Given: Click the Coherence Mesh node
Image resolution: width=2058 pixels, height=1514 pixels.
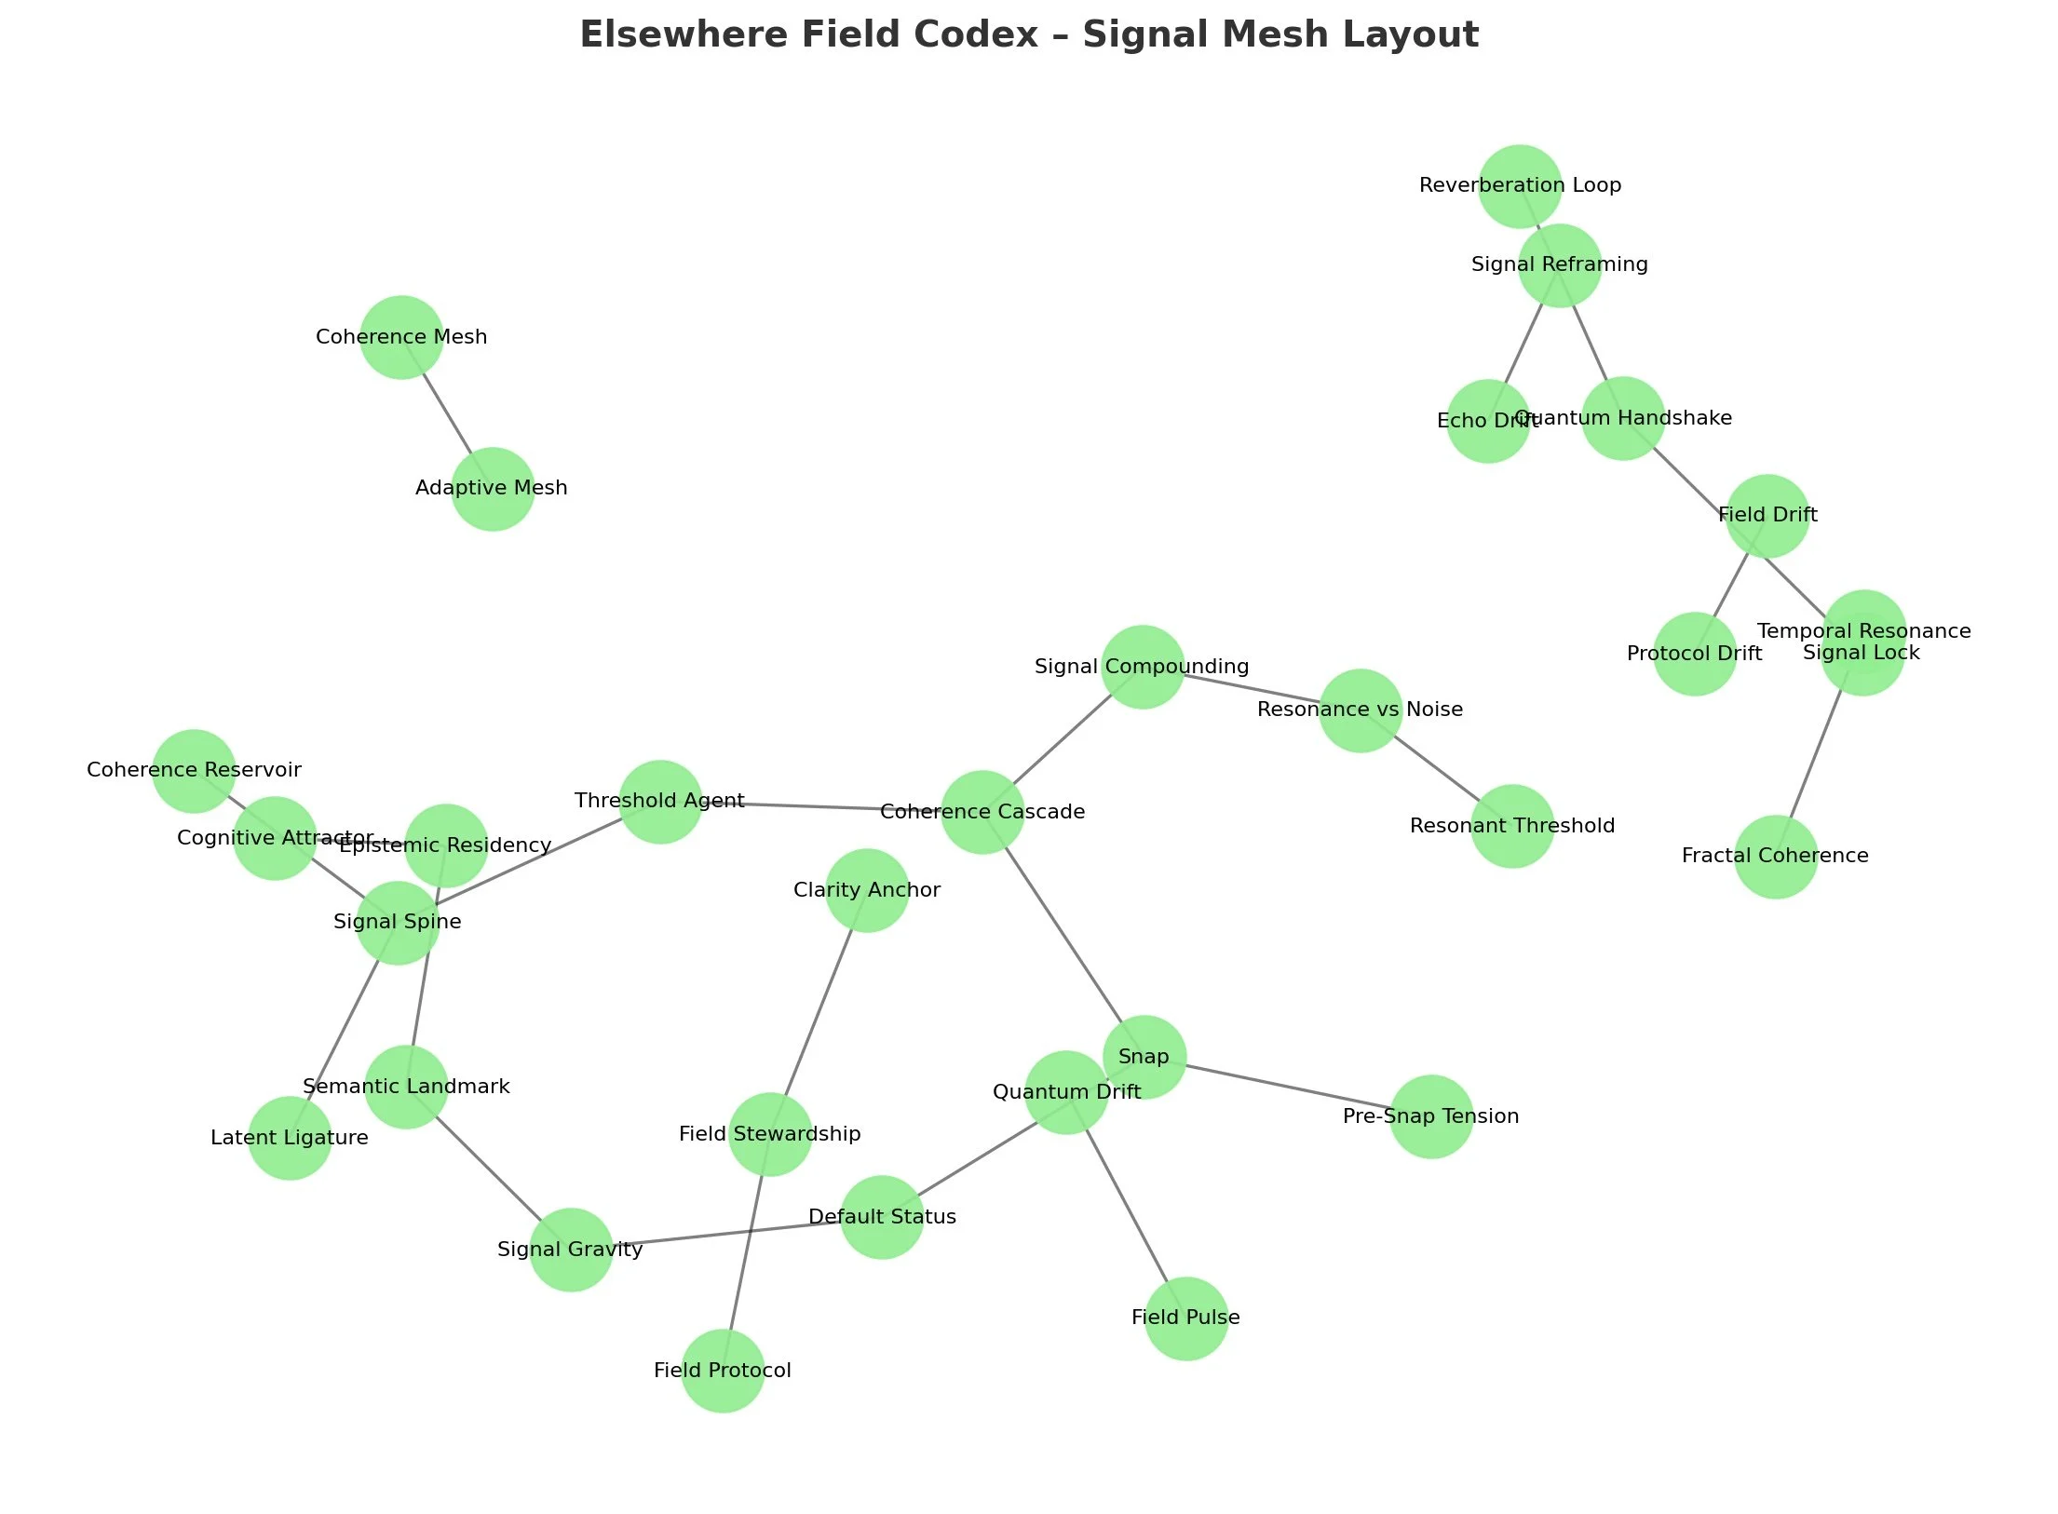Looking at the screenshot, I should click(x=401, y=337).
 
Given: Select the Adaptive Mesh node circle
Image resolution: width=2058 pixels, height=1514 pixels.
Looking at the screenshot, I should click(x=493, y=489).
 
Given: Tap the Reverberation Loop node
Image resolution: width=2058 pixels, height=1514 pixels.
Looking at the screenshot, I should click(x=1520, y=185).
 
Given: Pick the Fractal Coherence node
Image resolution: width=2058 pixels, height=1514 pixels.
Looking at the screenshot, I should click(x=1776, y=857).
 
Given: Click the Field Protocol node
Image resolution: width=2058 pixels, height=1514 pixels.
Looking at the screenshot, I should click(x=723, y=1371).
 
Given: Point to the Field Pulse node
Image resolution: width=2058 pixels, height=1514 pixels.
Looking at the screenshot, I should click(x=1185, y=1318).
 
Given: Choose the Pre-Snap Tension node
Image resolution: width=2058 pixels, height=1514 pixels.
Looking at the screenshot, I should click(x=1431, y=1116).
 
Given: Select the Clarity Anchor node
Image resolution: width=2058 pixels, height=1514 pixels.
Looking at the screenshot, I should click(x=867, y=890).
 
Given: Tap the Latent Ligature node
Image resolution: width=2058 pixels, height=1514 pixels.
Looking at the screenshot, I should click(x=290, y=1138).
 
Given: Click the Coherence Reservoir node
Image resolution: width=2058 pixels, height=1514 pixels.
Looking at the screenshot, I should click(x=194, y=770).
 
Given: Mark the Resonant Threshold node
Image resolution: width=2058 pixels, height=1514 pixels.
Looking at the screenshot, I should click(x=1512, y=826).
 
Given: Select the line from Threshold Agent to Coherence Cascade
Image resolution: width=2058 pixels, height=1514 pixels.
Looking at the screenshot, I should click(x=819, y=806).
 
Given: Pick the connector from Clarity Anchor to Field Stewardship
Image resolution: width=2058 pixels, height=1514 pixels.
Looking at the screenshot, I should click(x=819, y=1010).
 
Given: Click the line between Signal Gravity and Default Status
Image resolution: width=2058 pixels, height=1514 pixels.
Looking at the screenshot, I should click(x=726, y=1233).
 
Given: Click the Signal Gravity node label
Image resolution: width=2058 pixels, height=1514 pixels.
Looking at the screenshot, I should click(x=570, y=1250).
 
